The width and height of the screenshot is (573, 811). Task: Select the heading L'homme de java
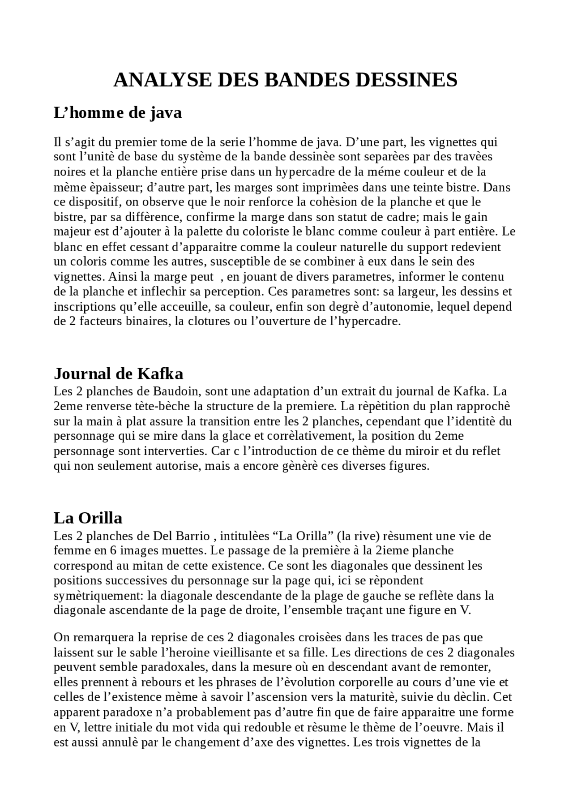(118, 112)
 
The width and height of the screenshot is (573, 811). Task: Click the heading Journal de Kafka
(119, 373)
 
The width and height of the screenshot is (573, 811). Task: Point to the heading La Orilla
(88, 518)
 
